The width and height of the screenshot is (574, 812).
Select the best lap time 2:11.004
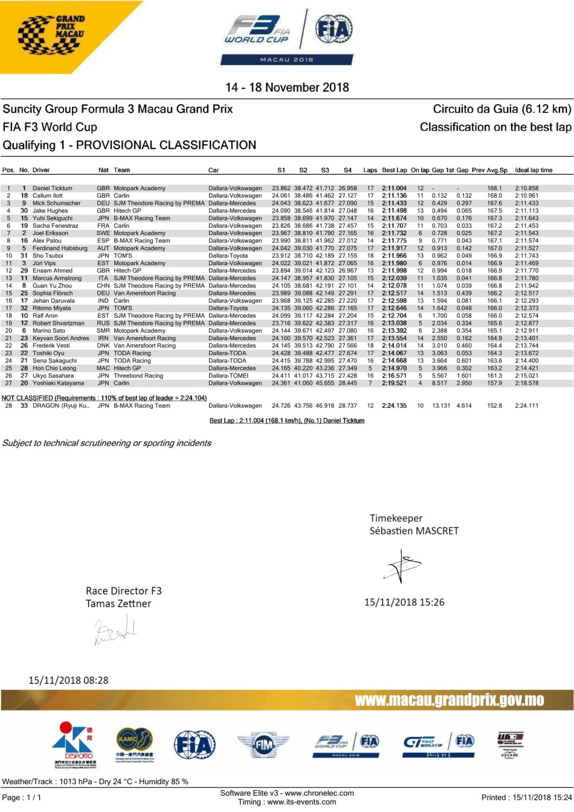pos(394,188)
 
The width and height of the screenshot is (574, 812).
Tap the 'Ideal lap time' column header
pos(534,170)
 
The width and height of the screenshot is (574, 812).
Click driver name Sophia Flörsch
pos(53,294)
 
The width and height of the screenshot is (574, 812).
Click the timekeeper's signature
pos(402,567)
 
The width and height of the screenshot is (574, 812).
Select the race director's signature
pos(115,630)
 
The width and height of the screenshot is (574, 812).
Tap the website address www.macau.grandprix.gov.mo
pos(449,700)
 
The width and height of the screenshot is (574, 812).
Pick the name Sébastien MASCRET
pos(414,531)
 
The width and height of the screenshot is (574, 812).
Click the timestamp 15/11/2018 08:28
pos(68,680)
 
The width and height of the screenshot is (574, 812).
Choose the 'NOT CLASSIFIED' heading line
pos(104,398)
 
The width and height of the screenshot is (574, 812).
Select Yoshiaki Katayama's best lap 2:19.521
pos(394,383)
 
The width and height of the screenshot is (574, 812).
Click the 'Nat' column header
pos(103,170)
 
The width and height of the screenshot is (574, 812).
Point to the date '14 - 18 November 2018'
pos(287,88)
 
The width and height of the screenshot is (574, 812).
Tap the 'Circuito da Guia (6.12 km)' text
pos(501,109)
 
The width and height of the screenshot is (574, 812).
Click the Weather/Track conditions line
pos(95,782)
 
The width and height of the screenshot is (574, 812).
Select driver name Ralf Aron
pos(45,316)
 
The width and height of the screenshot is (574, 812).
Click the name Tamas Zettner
pos(118,604)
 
